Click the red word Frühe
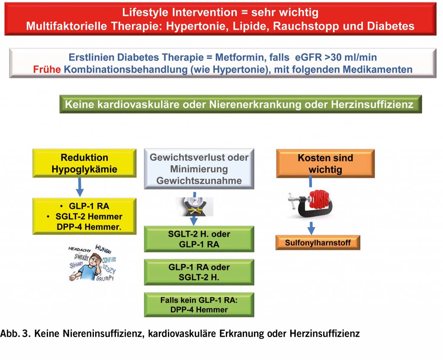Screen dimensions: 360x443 coord(46,69)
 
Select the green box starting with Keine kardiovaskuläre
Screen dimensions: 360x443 coord(240,104)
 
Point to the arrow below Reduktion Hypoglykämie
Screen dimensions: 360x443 coord(79,186)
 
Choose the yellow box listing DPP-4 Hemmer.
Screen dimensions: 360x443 coord(85,216)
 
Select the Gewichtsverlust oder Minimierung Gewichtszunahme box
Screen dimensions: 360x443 coord(199,169)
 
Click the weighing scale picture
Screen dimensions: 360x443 coord(195,206)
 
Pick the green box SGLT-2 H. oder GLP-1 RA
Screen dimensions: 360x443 coord(199,239)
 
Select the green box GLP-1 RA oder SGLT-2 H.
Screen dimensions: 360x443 coord(199,272)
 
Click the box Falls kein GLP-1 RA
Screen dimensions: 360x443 coord(199,305)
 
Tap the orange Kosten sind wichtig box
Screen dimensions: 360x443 coord(325,164)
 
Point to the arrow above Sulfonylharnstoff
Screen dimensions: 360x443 coord(311,228)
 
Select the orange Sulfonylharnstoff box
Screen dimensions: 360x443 coord(318,243)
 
